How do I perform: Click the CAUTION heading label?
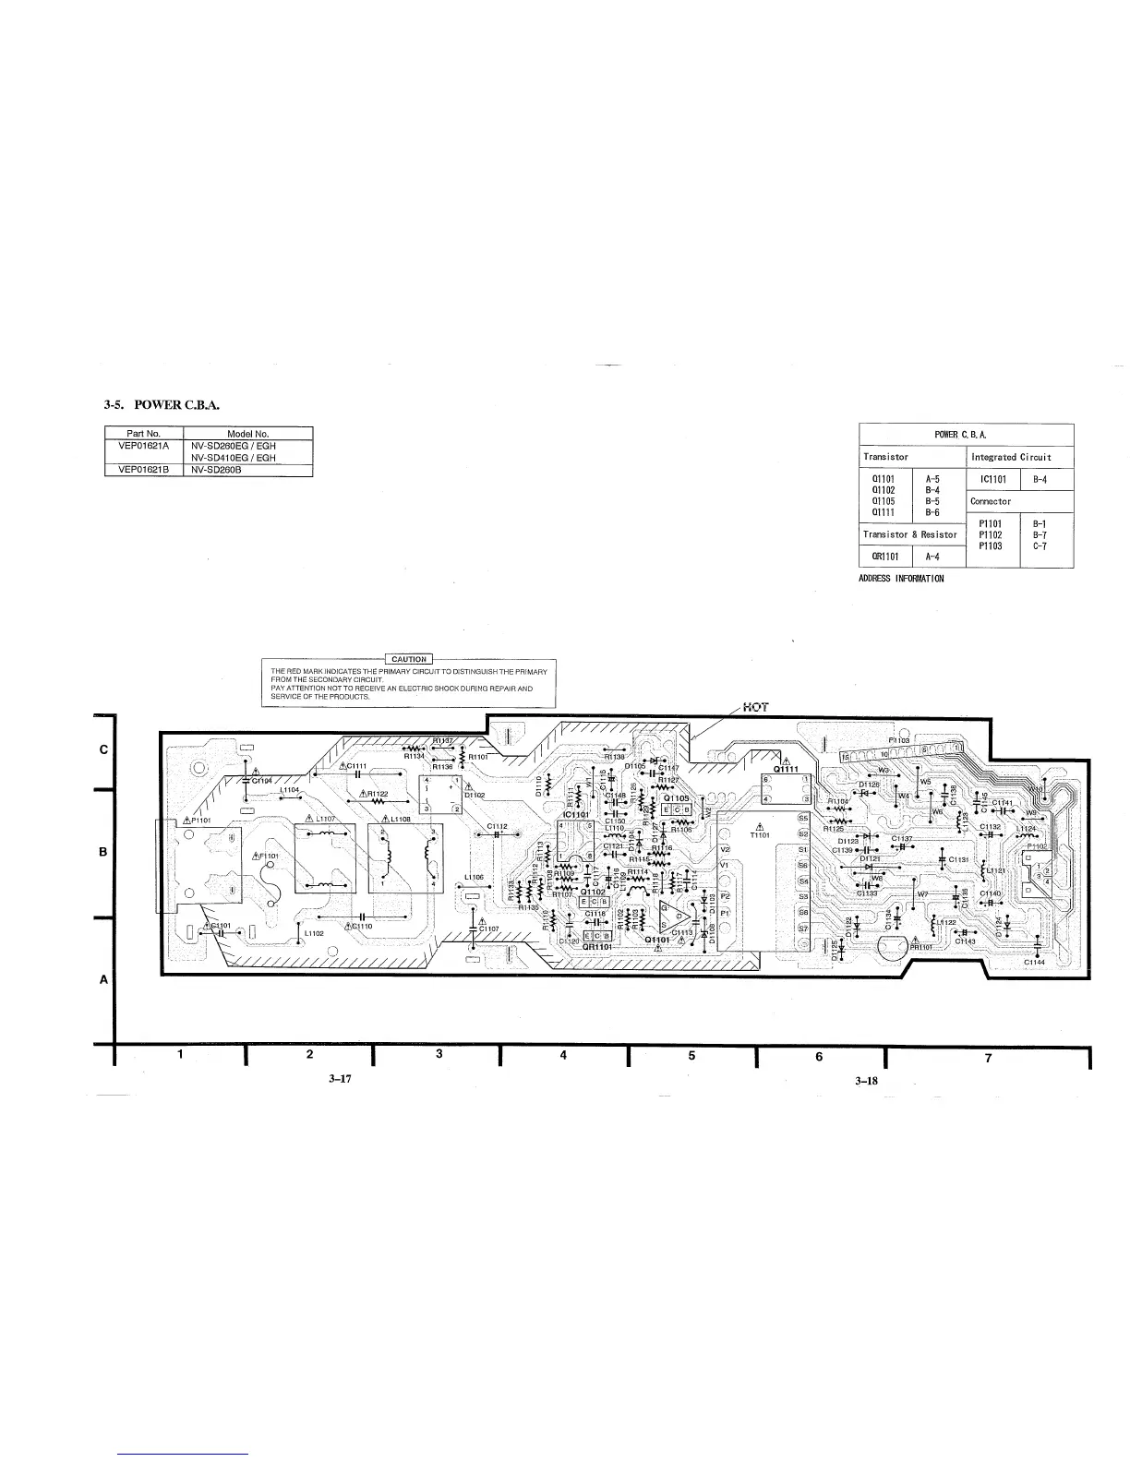(x=409, y=659)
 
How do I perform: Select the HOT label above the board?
(x=754, y=708)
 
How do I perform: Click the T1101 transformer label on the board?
(x=758, y=836)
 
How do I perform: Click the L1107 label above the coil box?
(x=328, y=820)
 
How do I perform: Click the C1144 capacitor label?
(x=1035, y=963)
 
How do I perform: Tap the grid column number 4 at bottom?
(x=562, y=1055)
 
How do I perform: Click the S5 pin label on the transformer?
(x=802, y=818)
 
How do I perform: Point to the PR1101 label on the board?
(x=922, y=946)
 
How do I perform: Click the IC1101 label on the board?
(x=576, y=814)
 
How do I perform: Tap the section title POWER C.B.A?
(x=162, y=405)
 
